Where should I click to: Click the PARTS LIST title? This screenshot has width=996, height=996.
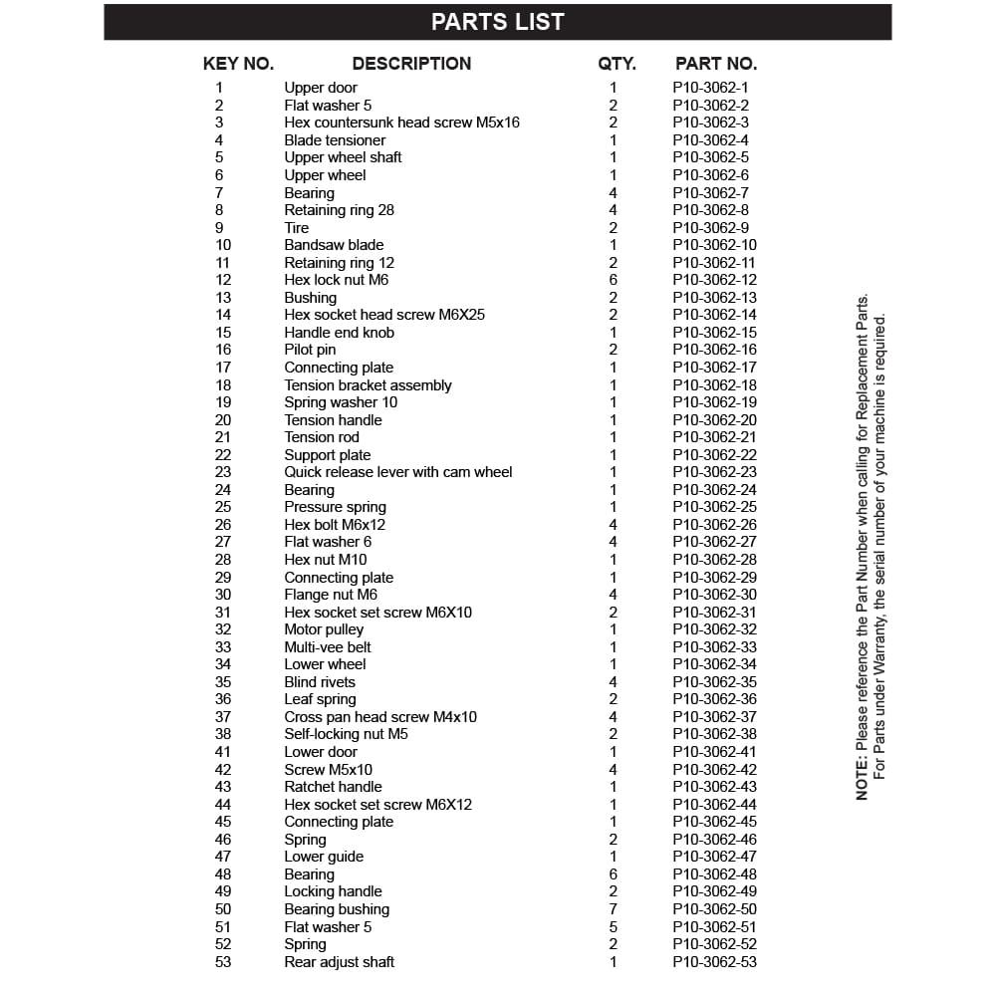[x=497, y=22]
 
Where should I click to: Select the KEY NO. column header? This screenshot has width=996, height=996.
[x=238, y=64]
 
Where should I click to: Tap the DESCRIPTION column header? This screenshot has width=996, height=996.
[x=411, y=64]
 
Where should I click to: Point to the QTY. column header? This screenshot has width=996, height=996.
[x=617, y=64]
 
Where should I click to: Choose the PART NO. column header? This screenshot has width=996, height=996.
[x=715, y=64]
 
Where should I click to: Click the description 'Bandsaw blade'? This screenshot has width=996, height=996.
[x=334, y=245]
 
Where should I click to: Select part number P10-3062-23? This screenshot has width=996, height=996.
[x=714, y=472]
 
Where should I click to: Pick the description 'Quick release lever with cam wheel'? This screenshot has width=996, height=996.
[x=398, y=472]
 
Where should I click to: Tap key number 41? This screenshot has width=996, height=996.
[x=223, y=752]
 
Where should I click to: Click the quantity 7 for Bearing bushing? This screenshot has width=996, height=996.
[x=614, y=909]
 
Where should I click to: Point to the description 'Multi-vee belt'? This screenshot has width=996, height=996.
[x=328, y=647]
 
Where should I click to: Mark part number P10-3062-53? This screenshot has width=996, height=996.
[x=714, y=962]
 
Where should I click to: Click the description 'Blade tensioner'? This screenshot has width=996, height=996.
[x=335, y=140]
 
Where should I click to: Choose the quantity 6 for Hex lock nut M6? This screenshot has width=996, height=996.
[x=614, y=280]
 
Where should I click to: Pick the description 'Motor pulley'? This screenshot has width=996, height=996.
[x=324, y=629]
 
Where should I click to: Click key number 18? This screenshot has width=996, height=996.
[x=223, y=385]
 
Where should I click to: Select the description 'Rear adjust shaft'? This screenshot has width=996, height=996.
[x=339, y=962]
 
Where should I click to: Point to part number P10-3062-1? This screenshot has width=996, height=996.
[x=710, y=88]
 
